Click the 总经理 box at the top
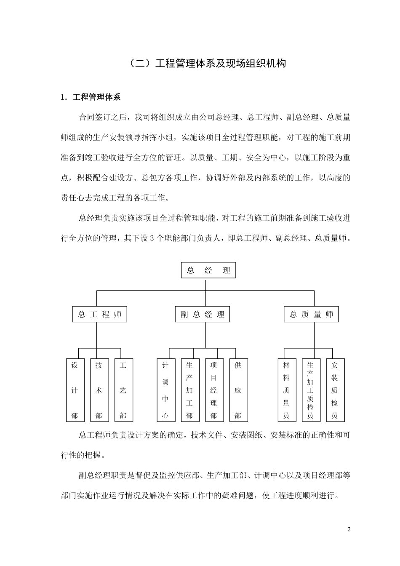(x=208, y=270)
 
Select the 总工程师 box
(x=100, y=315)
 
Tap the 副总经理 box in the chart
(x=203, y=315)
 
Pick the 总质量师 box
(x=311, y=315)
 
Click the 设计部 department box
(x=75, y=390)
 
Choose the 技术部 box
(x=99, y=390)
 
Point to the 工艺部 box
(x=123, y=390)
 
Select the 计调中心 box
(x=165, y=390)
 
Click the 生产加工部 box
(x=189, y=390)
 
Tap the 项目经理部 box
(x=214, y=390)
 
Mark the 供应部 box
(x=238, y=390)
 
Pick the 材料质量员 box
(x=286, y=390)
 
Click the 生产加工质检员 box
(x=310, y=390)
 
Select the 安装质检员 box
(x=335, y=390)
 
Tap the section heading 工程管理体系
(x=96, y=97)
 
